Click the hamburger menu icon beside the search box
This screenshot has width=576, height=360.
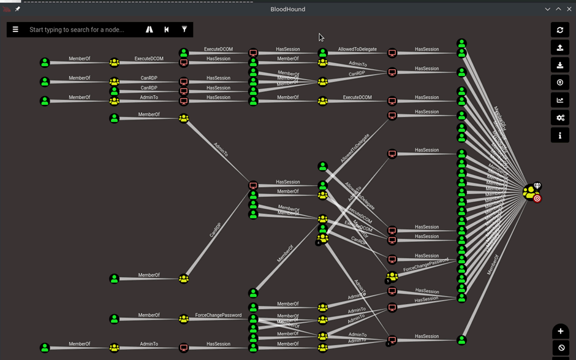point(15,29)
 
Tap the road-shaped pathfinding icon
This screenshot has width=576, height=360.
point(150,29)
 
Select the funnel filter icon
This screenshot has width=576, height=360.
point(184,29)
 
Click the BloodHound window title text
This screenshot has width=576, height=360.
point(288,9)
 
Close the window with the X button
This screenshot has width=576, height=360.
point(569,9)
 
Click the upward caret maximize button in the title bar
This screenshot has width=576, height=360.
point(558,9)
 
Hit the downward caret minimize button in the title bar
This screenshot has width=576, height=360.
point(548,9)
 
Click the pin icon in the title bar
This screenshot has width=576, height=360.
point(18,9)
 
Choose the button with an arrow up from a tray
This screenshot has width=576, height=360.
point(560,48)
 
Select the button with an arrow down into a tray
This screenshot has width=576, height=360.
point(560,66)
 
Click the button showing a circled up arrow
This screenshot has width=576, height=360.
point(560,83)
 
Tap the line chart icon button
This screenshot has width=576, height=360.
point(560,101)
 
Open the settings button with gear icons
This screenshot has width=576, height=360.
point(560,118)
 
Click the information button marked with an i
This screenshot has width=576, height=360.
point(560,136)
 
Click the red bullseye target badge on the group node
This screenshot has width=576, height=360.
point(537,198)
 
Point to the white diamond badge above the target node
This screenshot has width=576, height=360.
point(537,186)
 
